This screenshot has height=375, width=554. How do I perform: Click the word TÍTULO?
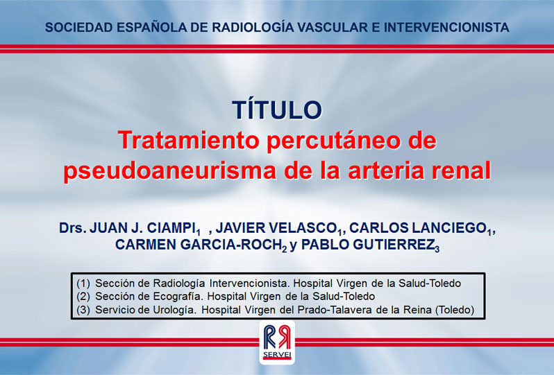[x=277, y=110]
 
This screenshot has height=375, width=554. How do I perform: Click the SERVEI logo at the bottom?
[x=277, y=342]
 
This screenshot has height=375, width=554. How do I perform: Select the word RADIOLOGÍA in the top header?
[x=253, y=27]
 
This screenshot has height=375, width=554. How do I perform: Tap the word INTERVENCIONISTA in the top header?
[x=446, y=28]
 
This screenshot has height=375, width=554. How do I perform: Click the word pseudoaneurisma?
[x=169, y=171]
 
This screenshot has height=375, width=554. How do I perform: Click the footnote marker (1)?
[x=83, y=284]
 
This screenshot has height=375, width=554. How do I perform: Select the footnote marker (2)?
[x=83, y=297]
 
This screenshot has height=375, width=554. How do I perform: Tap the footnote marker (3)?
[x=83, y=310]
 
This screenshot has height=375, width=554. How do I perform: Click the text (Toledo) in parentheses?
[x=454, y=310]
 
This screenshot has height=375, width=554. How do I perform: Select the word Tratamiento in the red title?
[x=189, y=141]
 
